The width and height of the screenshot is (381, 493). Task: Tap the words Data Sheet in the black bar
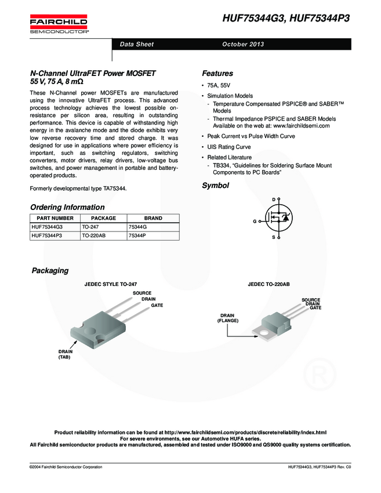(137, 45)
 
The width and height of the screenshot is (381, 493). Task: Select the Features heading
(217, 74)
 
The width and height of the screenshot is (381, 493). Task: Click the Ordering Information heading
(67, 207)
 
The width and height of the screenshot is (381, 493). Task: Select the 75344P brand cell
(137, 236)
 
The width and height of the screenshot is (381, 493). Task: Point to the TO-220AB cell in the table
(93, 236)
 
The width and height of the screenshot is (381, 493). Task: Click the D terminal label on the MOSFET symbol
(273, 200)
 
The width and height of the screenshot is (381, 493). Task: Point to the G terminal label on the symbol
(254, 222)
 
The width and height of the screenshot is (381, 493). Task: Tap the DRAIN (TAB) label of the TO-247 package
(64, 354)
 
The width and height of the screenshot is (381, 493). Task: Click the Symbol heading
(215, 186)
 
